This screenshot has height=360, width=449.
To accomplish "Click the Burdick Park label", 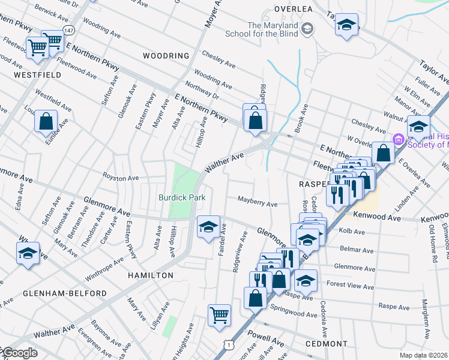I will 182,197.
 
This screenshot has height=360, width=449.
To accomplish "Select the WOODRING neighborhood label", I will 166,56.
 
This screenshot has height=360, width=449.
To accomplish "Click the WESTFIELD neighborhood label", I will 37,75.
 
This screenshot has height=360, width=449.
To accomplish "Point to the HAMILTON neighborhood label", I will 150,275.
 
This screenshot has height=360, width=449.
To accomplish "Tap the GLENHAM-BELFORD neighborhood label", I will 57,293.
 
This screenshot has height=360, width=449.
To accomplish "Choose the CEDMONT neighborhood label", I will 326,344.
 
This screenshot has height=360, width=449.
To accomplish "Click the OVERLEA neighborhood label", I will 294,9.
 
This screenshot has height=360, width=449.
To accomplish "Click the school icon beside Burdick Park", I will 208,227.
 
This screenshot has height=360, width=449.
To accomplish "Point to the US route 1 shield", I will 228,344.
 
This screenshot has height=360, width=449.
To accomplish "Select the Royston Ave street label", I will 121,178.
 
